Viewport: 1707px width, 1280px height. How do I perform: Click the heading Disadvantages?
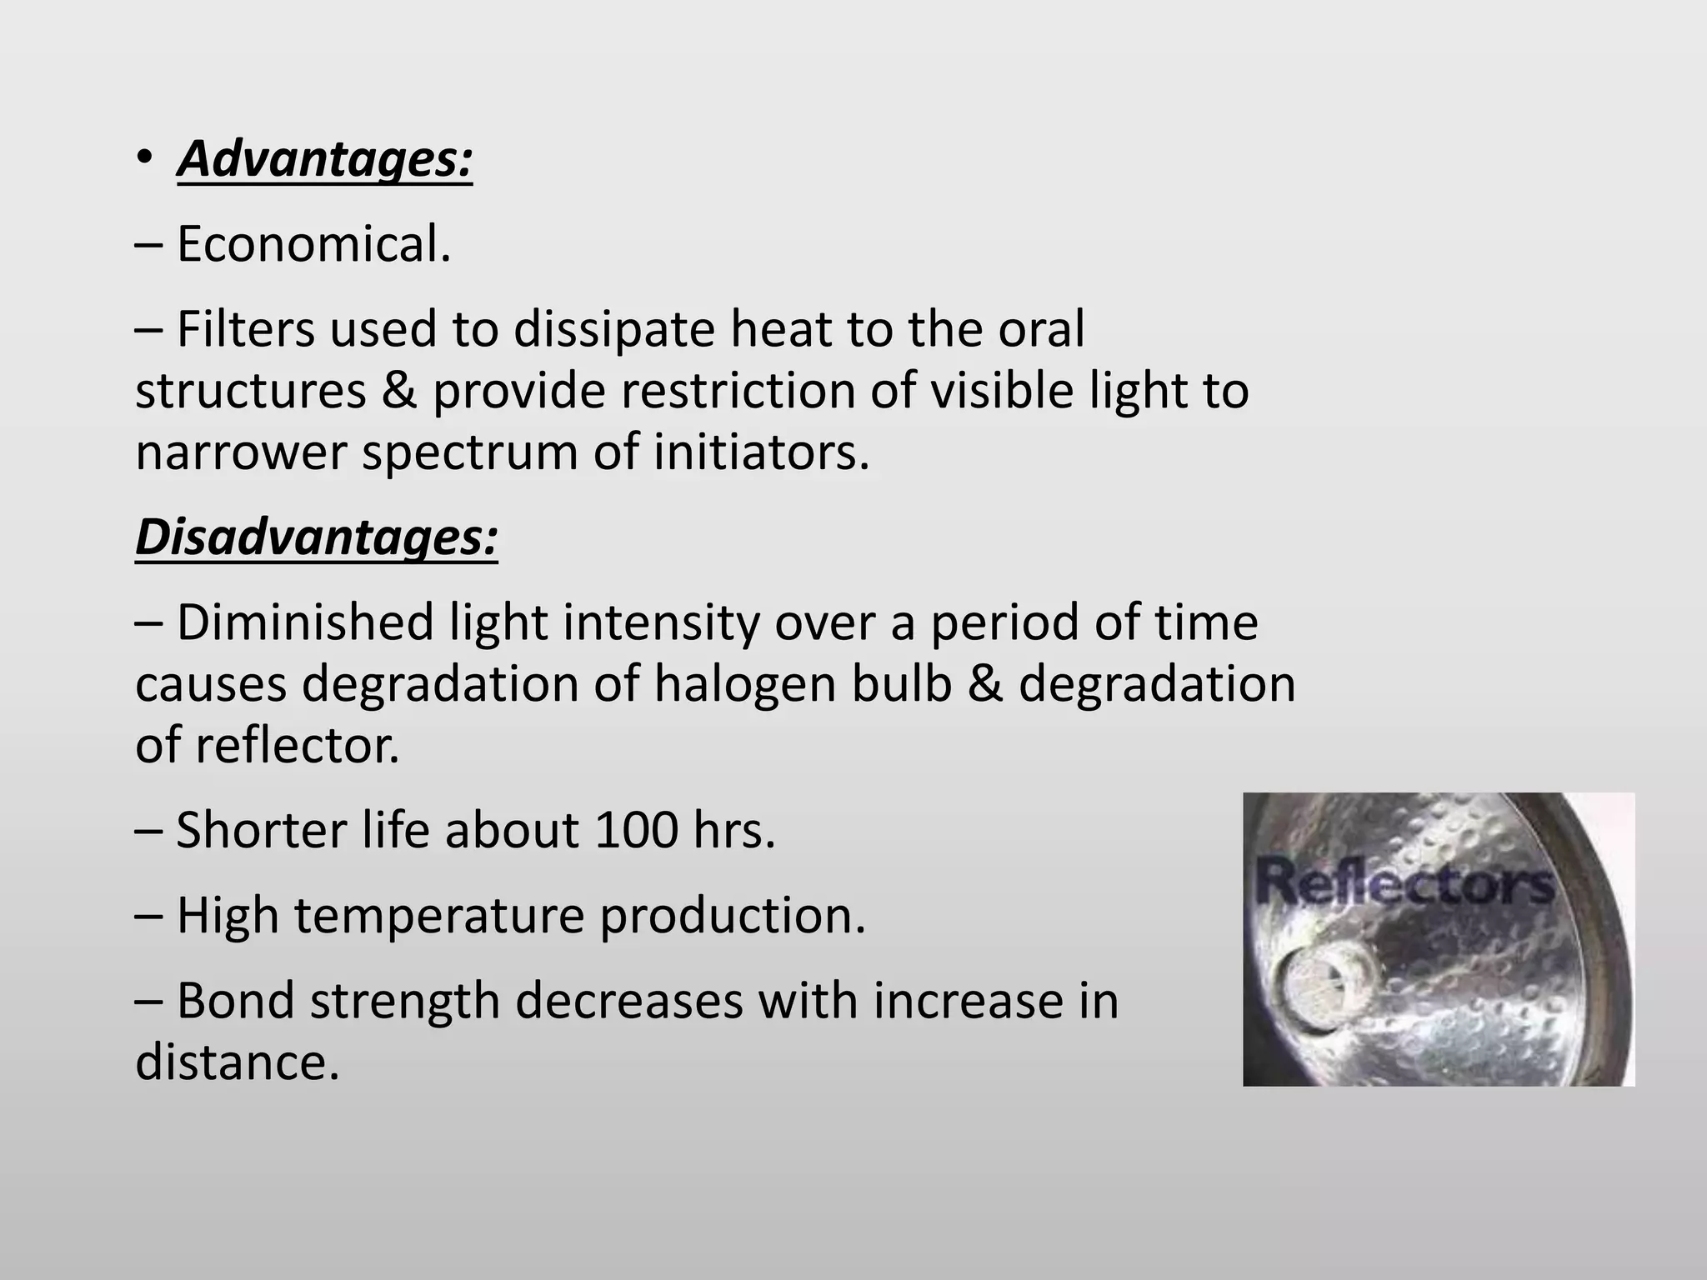(316, 537)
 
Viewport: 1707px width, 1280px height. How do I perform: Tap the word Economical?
(313, 244)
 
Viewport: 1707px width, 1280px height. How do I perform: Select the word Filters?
(246, 328)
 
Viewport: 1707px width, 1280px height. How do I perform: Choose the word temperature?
(439, 917)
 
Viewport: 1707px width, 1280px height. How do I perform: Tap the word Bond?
(236, 1000)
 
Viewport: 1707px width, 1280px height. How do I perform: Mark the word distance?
(238, 1062)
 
